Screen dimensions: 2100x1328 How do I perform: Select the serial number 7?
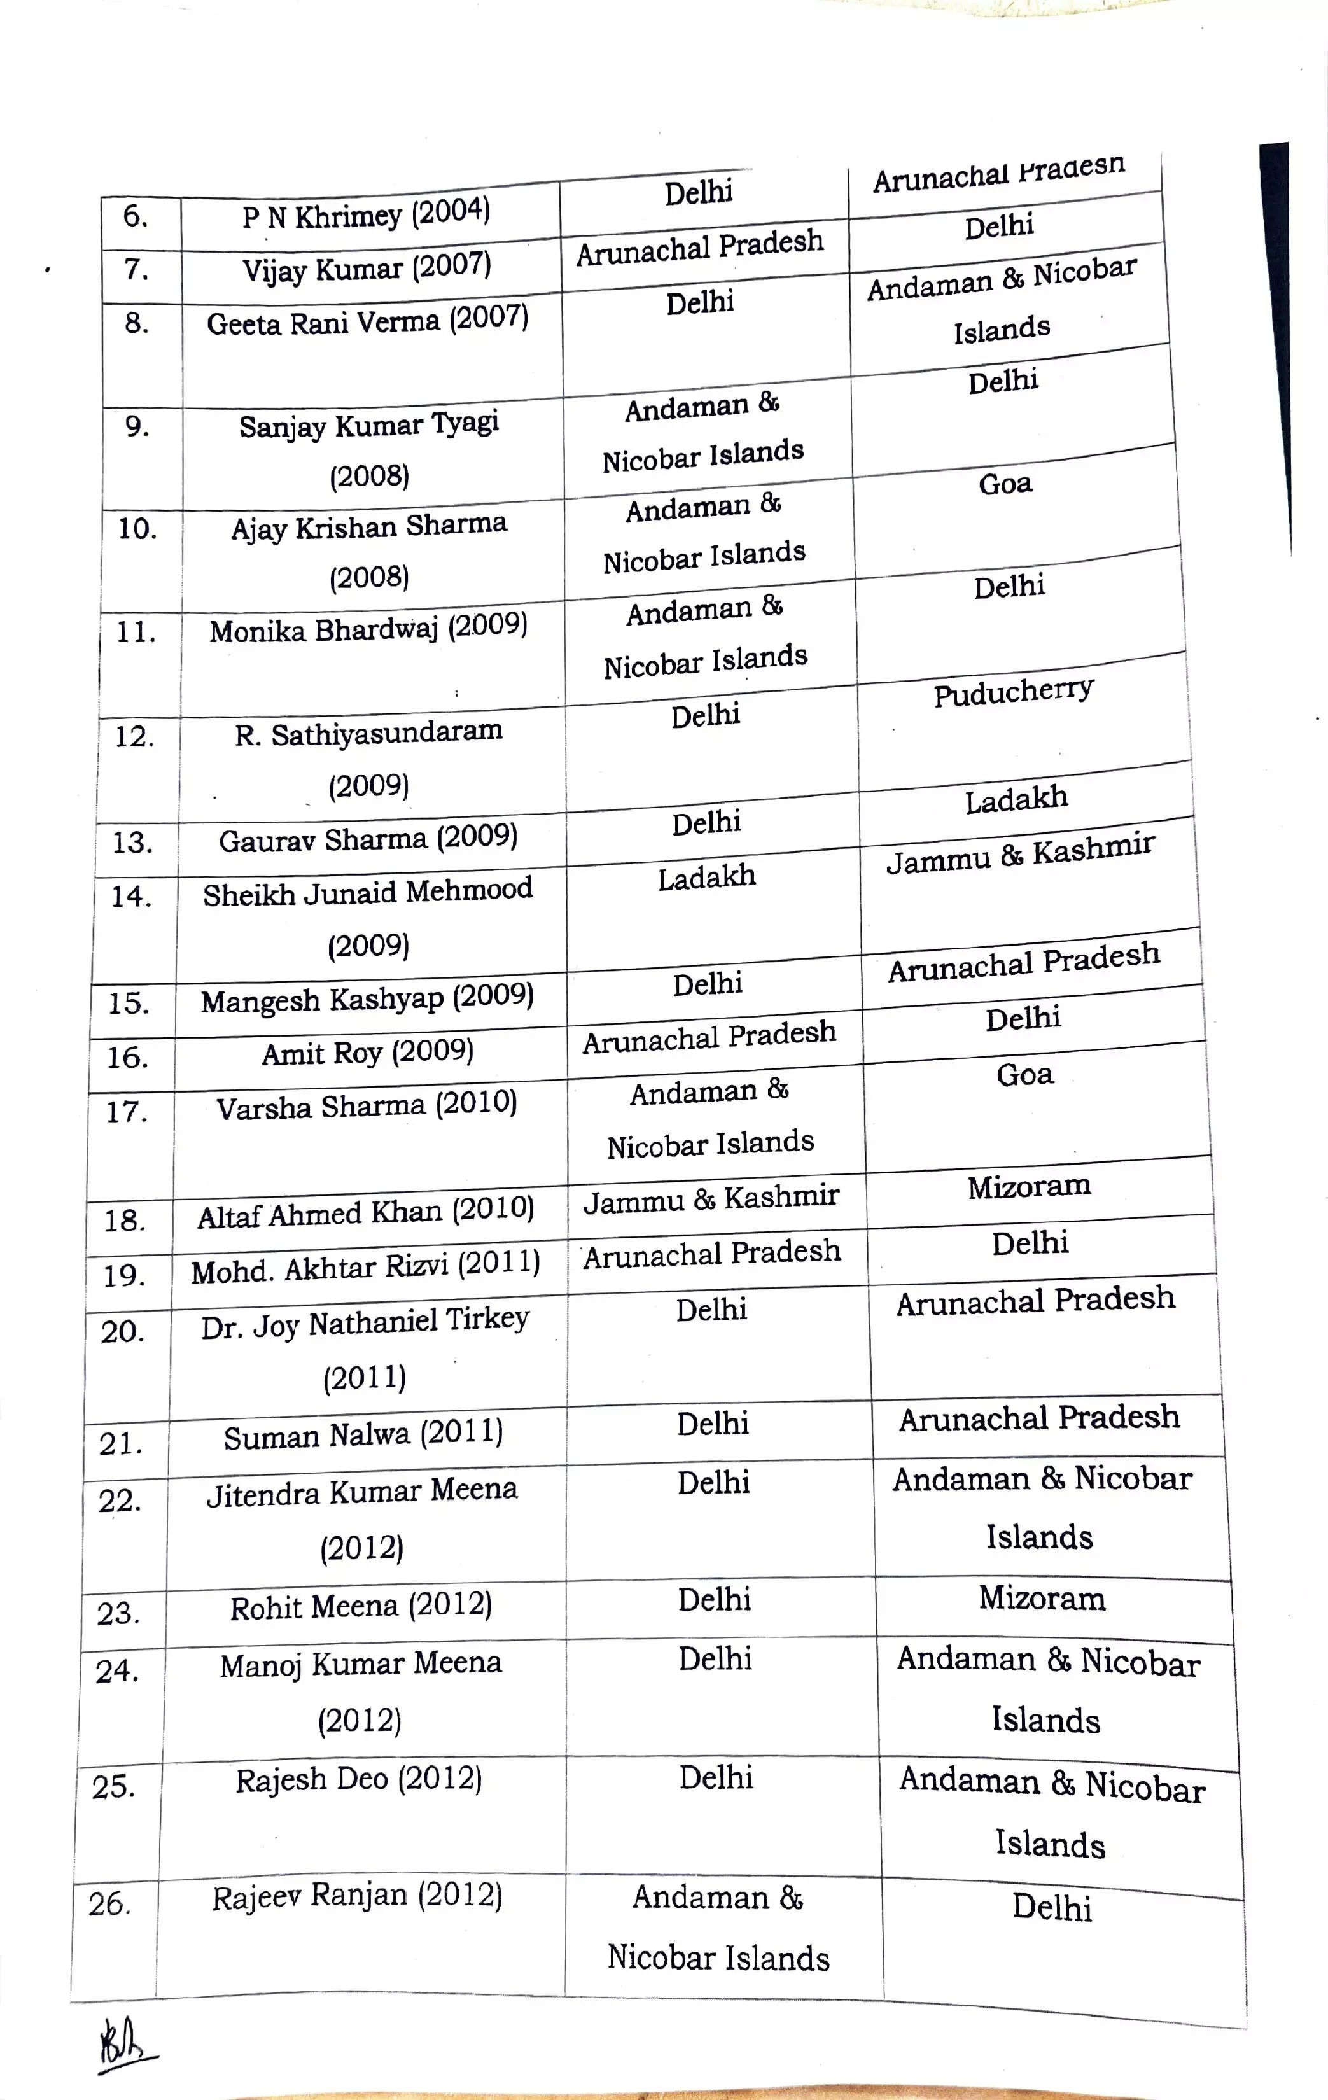[136, 269]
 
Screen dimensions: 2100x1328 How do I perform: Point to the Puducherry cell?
[1013, 693]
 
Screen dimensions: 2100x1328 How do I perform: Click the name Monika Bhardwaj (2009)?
[368, 629]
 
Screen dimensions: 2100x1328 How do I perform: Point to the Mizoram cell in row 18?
[1029, 1186]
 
